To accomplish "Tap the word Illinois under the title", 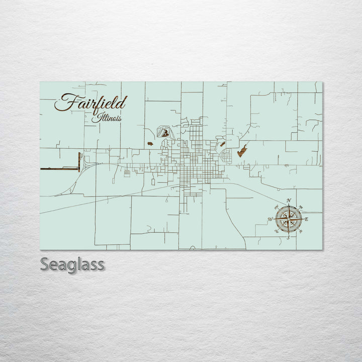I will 106,118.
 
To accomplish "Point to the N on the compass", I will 289,201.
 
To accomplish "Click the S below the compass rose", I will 288,237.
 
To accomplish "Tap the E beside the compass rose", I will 306,219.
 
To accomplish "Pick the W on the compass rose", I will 270,219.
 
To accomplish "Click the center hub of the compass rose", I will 289,219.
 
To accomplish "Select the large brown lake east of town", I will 242,150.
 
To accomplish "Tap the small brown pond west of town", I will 150,144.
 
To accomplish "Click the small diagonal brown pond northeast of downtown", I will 220,144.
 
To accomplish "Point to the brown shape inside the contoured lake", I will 165,133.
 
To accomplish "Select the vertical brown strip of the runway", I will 79,161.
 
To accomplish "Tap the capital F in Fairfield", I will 64,102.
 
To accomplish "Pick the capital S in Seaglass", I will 45,264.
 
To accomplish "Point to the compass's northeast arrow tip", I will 300,207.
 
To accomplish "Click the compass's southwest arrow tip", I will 277,231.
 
